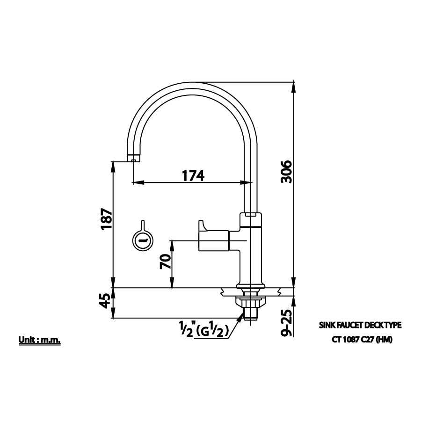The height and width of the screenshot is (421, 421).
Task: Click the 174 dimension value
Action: tap(193, 175)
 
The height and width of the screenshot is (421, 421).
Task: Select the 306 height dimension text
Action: tap(286, 172)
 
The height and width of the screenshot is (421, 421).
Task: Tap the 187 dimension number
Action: tap(106, 218)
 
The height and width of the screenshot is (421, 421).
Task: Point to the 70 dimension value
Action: tap(165, 261)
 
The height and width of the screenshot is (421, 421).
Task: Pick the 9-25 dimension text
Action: tap(287, 323)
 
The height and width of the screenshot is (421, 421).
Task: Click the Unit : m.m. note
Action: tap(40, 340)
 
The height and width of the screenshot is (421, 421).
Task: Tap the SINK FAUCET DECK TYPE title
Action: tap(360, 324)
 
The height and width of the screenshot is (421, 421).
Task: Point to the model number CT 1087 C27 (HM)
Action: tap(360, 340)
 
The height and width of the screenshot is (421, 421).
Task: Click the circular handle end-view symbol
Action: tap(142, 241)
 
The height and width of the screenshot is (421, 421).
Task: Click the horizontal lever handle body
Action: tap(214, 241)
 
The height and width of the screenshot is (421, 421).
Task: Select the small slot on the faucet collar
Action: tap(251, 216)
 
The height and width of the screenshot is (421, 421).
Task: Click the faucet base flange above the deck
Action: tap(251, 285)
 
